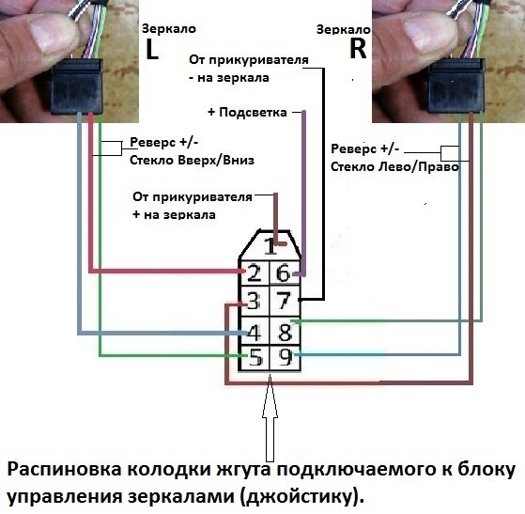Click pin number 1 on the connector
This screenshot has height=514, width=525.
270,248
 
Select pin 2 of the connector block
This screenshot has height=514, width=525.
254,273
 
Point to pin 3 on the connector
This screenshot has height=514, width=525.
254,302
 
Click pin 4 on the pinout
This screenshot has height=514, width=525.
254,331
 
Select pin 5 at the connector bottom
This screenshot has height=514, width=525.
254,358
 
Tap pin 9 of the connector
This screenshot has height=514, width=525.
285,358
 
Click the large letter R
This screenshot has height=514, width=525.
357,49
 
